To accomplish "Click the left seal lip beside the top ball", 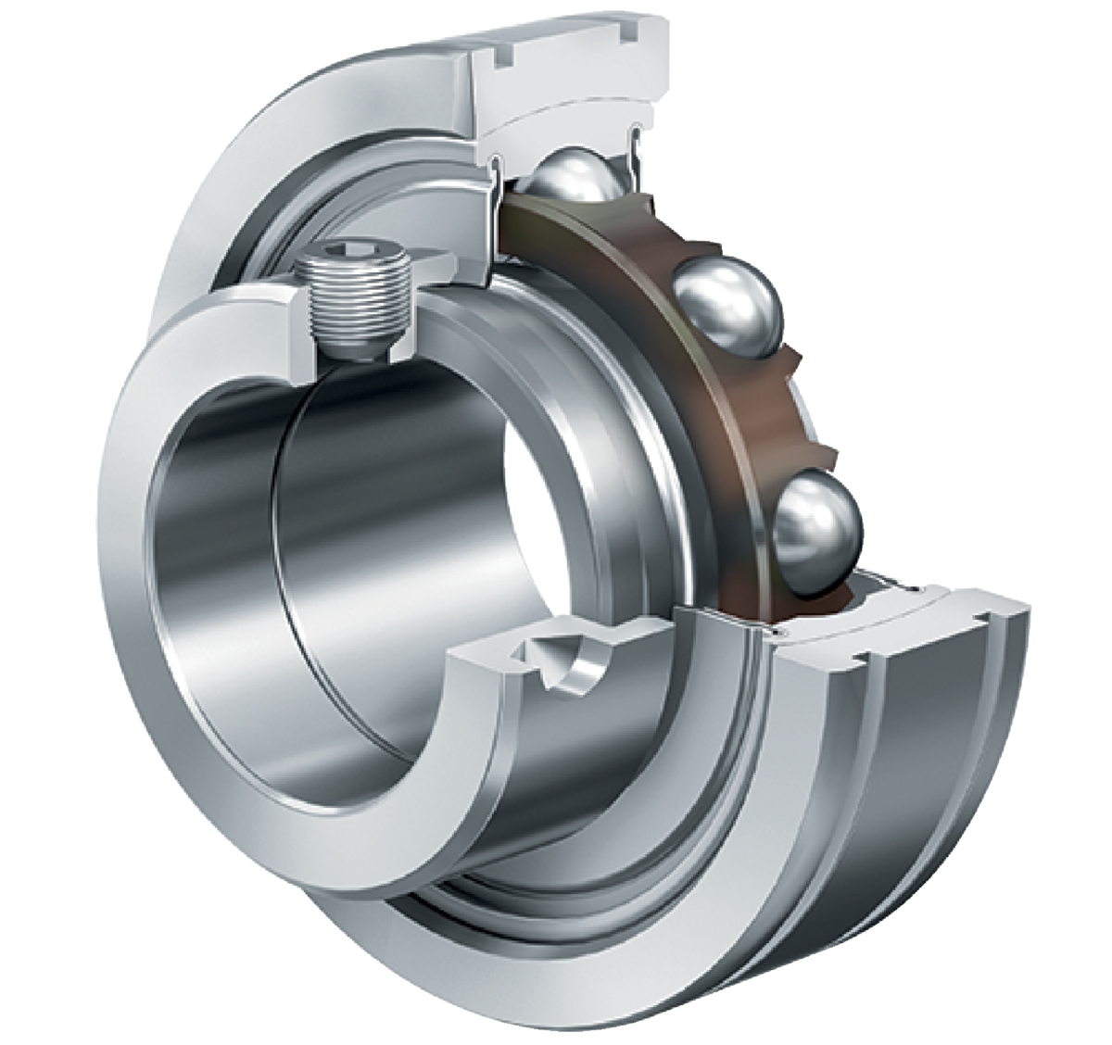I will point(496,167).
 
